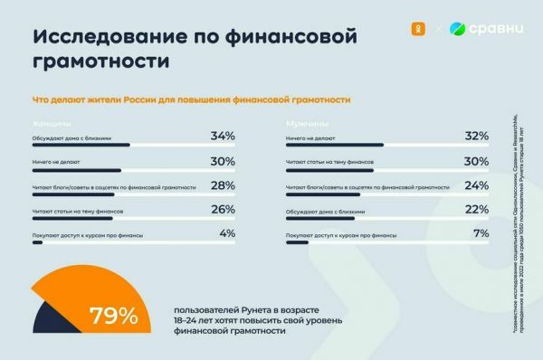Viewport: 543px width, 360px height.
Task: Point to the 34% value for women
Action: click(x=222, y=136)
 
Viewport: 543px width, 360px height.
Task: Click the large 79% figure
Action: click(x=113, y=317)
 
